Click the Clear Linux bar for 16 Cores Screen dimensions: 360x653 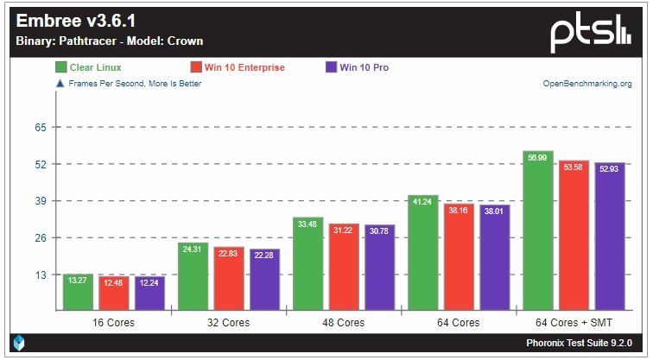tap(78, 293)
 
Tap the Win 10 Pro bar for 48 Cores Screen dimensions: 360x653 tap(379, 268)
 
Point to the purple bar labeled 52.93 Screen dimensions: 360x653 tap(610, 237)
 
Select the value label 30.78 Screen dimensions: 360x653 tap(379, 231)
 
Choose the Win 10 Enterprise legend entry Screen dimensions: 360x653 tap(237, 67)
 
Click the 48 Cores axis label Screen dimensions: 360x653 tap(344, 322)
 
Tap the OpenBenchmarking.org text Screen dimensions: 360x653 tap(586, 84)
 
